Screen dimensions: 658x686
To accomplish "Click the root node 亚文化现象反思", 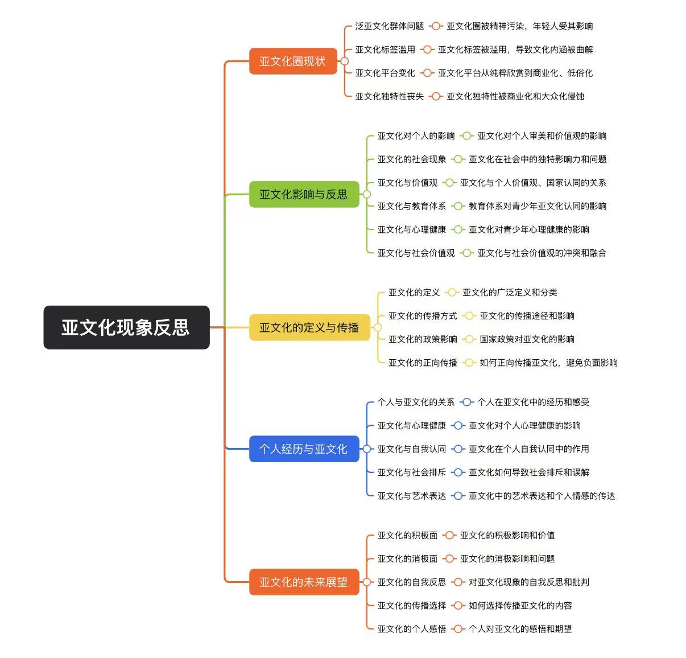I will point(126,327).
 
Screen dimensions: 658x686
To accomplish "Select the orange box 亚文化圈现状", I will point(292,61).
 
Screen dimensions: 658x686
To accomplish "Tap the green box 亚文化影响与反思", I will point(304,195).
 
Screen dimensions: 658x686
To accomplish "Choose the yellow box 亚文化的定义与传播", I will point(309,327).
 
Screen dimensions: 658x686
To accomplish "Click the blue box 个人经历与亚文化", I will point(304,449).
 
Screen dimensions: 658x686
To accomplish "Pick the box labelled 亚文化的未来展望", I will point(304,582).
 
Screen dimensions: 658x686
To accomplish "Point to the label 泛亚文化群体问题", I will point(390,26).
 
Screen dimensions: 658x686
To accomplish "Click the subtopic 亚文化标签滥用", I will point(385,50).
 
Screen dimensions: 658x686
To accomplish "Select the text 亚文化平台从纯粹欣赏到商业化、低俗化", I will point(515,73).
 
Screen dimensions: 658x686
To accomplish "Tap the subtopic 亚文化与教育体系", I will point(412,206).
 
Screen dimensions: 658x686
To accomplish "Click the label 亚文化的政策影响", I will point(423,339).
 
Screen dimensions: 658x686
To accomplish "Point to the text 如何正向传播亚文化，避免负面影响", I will point(548,363).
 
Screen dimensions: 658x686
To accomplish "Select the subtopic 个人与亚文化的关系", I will point(416,402).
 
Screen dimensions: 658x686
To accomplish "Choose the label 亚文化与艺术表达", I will point(412,496).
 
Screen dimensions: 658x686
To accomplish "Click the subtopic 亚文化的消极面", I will point(407,559).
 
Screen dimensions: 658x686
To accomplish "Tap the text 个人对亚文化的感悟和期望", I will point(520,629).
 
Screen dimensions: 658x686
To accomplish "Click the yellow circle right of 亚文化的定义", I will point(452,293).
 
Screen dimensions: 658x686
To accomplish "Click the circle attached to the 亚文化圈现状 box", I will point(344,61).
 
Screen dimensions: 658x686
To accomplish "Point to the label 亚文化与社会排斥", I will point(412,472).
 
